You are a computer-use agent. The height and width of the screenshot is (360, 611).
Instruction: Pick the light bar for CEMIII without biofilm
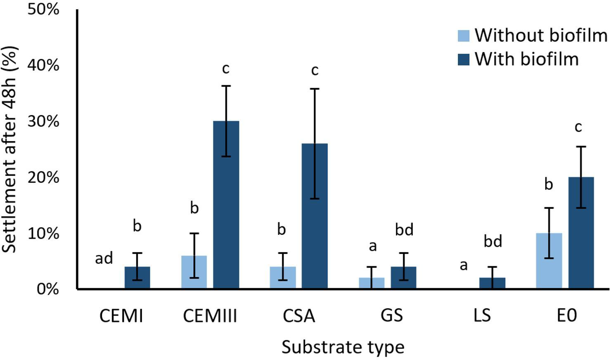[x=194, y=272]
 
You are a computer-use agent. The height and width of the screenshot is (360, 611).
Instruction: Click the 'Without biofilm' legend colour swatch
[x=464, y=36]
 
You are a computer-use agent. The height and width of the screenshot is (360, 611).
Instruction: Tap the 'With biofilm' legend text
[x=526, y=59]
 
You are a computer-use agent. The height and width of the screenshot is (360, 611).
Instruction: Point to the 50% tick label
[x=43, y=9]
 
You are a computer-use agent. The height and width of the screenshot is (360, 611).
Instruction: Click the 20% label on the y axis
[x=43, y=178]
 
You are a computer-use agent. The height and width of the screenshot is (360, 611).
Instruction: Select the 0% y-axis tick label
[x=47, y=289]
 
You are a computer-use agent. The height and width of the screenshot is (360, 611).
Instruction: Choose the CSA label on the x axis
[x=299, y=316]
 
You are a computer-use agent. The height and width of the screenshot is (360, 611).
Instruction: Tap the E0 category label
[x=566, y=316]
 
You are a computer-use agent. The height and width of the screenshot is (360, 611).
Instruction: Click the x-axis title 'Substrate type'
[x=343, y=347]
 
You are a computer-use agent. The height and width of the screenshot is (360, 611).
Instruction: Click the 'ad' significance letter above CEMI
[x=104, y=258]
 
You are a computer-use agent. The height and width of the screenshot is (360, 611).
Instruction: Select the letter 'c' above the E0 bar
[x=578, y=127]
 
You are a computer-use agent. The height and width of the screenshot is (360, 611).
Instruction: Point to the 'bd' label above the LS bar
[x=493, y=242]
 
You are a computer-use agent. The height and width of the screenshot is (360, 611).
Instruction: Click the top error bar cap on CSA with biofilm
[x=315, y=89]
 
